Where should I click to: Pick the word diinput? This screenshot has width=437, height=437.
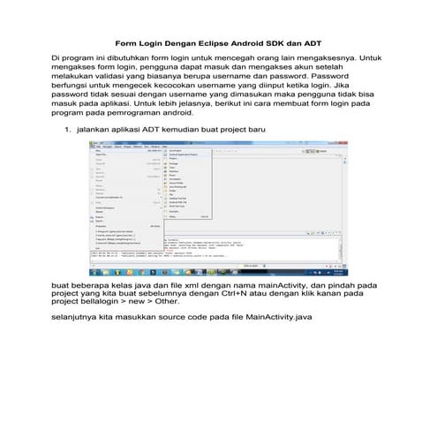click(x=278, y=86)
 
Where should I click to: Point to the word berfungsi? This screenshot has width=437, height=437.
click(x=77, y=86)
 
